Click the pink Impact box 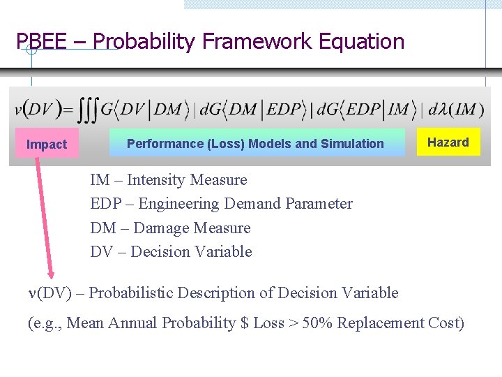(x=47, y=145)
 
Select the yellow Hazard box (x=448, y=142)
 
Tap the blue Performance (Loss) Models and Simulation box (x=256, y=144)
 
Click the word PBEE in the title (x=41, y=42)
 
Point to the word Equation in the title (x=361, y=42)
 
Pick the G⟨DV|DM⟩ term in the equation (x=144, y=110)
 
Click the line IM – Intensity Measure (x=169, y=180)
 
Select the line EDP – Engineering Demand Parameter (x=221, y=204)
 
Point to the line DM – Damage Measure (x=170, y=228)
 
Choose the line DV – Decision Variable (x=171, y=251)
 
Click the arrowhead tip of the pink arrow (x=51, y=277)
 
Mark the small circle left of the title (x=31, y=50)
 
